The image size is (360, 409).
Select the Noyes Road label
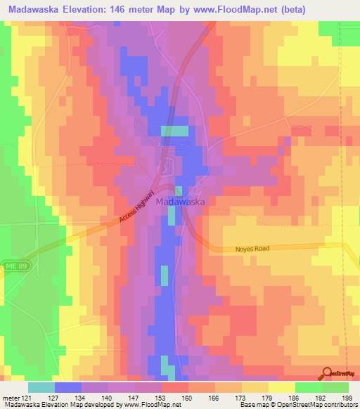coord(252,249)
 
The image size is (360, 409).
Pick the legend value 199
coord(346,397)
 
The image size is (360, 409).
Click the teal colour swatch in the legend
coord(41,387)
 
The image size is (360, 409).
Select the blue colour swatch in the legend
coord(67,387)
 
